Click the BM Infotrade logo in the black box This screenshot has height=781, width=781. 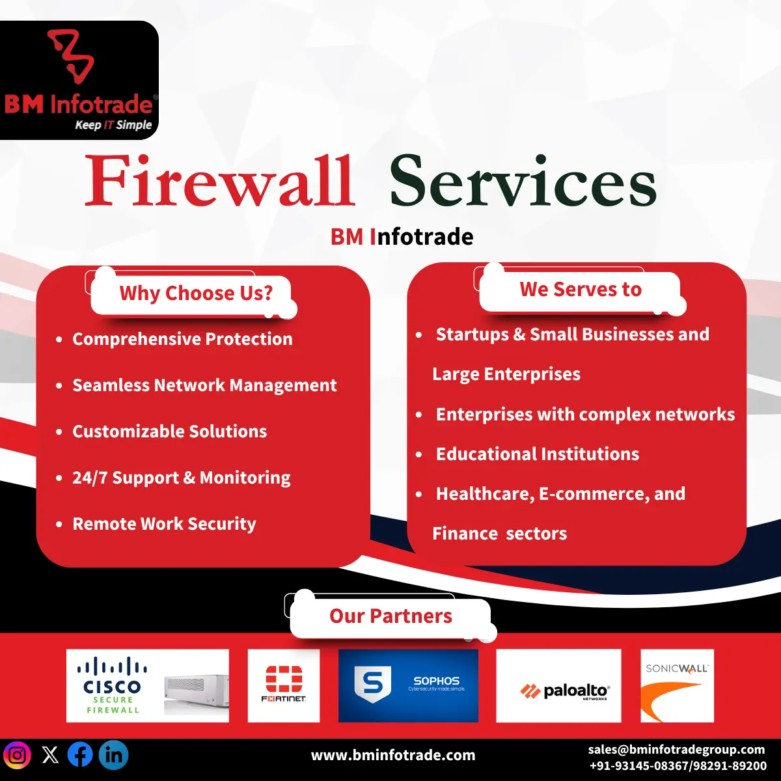pos(79,81)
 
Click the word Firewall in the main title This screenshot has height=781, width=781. pos(220,181)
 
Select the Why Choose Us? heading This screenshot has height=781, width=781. pos(196,293)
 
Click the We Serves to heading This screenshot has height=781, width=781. pos(580,290)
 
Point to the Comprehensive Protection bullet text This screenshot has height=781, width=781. pos(182,339)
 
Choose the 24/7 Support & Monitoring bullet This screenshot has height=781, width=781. pos(181,478)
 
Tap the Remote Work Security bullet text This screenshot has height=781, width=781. pos(164,524)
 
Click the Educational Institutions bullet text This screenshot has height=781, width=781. pos(537,454)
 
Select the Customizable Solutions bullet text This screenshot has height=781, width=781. pos(169,432)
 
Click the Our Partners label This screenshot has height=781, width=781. pos(390,616)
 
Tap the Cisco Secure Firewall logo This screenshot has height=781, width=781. pos(148,685)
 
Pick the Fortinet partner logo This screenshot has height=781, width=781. pos(284,685)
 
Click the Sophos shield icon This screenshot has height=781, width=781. pos(372,685)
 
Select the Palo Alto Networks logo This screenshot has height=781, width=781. pos(558,685)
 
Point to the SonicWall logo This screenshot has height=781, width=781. pos(677,685)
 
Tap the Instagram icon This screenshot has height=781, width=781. pos(18,755)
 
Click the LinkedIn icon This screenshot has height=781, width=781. pos(113,755)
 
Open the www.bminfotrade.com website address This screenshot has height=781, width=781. pos(393,756)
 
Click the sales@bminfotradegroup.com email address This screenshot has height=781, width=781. pos(676,750)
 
